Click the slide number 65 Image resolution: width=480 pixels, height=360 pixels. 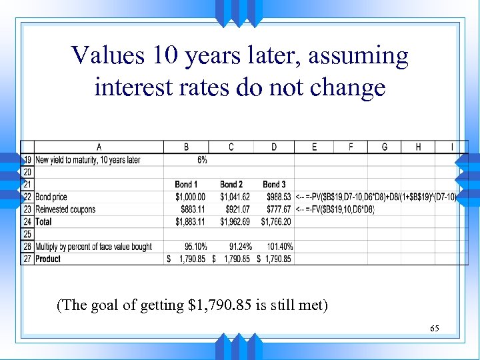[x=434, y=329]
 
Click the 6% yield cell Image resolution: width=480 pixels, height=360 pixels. [x=201, y=160]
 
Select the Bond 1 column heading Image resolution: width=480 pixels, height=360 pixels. [x=186, y=184]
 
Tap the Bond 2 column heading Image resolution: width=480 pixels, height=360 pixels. [x=231, y=184]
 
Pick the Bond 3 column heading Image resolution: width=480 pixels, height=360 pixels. [x=274, y=184]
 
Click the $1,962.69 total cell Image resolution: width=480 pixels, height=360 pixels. [x=234, y=221]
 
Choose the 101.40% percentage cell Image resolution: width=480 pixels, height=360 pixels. [x=278, y=247]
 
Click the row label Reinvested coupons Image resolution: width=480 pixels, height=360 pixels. [x=65, y=209]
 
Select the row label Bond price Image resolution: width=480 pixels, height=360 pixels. [x=51, y=197]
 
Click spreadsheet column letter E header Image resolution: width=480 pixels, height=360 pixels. [x=315, y=147]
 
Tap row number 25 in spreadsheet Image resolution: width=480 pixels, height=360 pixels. [x=27, y=234]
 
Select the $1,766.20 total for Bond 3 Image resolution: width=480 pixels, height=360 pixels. [x=276, y=221]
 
